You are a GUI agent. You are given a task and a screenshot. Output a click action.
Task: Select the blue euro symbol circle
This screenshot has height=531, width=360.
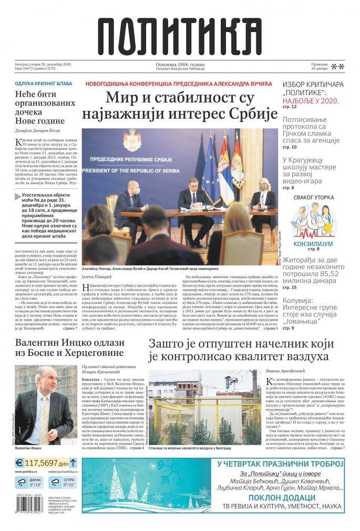click(x=19, y=463)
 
